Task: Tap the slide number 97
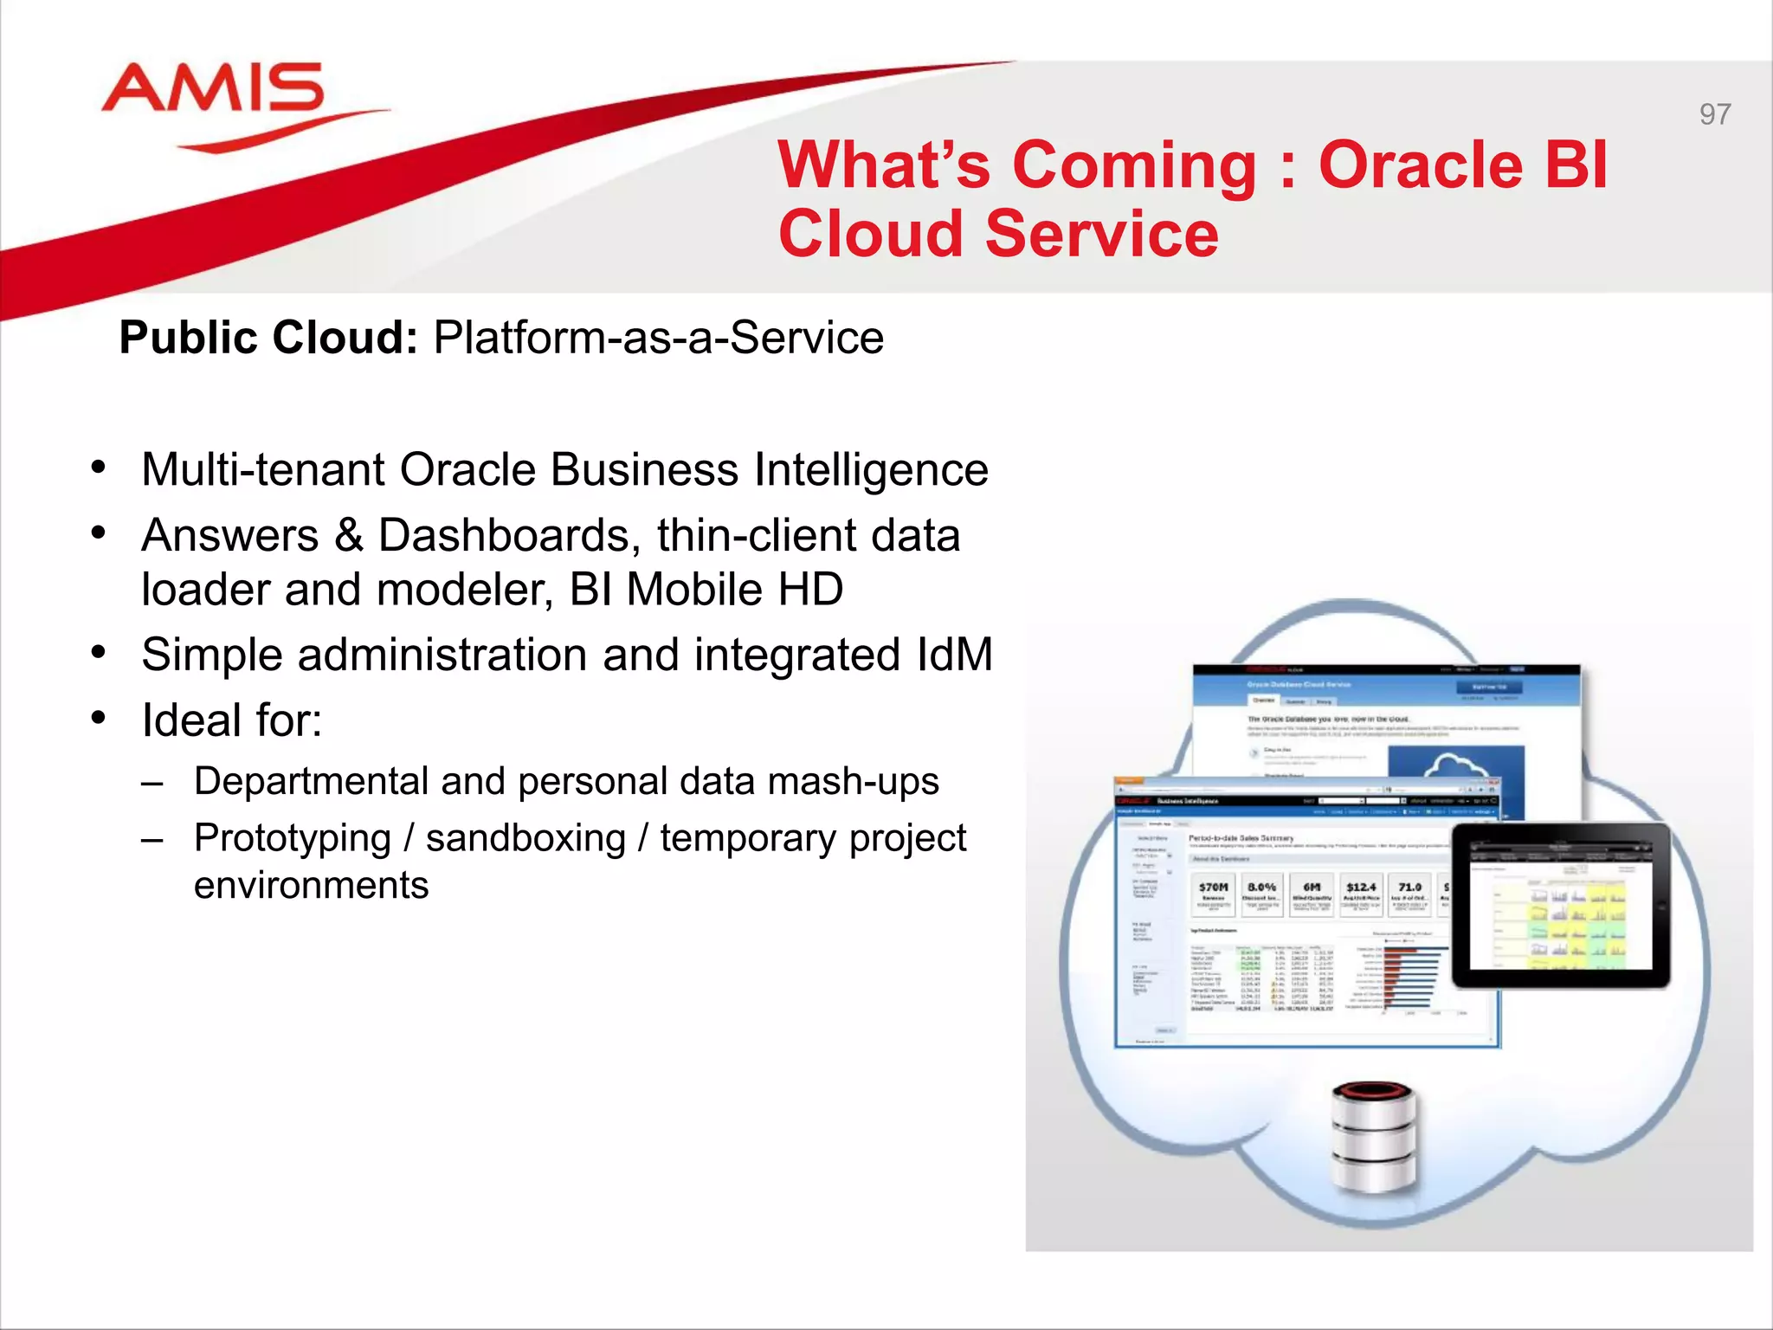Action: pyautogui.click(x=1714, y=114)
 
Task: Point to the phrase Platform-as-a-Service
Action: pyautogui.click(x=658, y=338)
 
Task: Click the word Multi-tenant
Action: pyautogui.click(x=263, y=470)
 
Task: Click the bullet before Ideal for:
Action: pyautogui.click(x=99, y=718)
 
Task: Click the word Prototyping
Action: pyautogui.click(x=293, y=838)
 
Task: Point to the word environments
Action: pyautogui.click(x=311, y=886)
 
